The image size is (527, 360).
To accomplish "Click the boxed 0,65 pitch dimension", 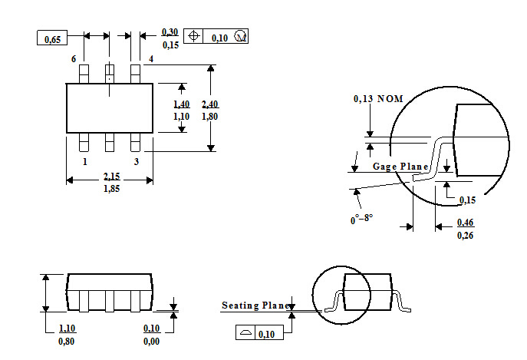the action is pos(52,38).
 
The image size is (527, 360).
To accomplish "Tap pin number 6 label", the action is pos(74,59).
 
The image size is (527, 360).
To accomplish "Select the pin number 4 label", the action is pos(151,59).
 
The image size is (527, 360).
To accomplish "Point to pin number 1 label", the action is pos(85,162).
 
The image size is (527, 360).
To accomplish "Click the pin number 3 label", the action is pos(136,162).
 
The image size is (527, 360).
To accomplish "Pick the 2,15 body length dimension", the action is pos(111,177).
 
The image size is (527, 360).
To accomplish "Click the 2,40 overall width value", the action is pos(209,104).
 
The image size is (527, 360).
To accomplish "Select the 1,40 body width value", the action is pos(182,104).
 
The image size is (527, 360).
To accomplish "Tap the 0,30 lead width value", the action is pos(170,32).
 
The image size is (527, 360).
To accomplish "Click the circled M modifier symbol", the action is pos(241,36).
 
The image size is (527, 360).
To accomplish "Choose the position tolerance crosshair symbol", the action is pos(193,35).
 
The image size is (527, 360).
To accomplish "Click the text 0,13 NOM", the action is pos(378,98).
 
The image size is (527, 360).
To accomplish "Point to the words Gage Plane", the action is pos(400,167).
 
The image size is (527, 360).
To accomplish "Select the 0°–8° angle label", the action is pos(361,220).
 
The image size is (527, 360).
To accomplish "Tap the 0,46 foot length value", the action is pos(466,223).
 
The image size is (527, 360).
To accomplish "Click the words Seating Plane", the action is pos(256,306).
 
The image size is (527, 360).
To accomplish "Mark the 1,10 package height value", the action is pos(67,328).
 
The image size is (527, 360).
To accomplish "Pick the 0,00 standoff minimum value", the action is pos(151,341).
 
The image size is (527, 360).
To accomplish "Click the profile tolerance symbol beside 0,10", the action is pos(245,332).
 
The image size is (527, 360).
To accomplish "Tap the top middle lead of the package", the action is pos(110,74).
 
